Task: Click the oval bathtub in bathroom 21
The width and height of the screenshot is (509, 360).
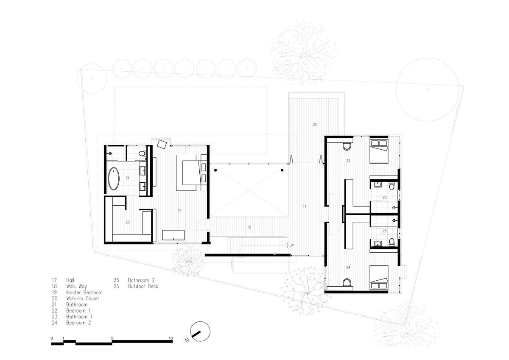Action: click(x=113, y=179)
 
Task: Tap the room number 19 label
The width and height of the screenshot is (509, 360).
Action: click(x=179, y=211)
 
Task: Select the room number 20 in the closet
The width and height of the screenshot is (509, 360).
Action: click(x=128, y=222)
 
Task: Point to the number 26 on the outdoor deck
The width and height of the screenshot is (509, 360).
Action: click(x=315, y=124)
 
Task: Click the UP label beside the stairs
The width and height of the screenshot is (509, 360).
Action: click(x=291, y=245)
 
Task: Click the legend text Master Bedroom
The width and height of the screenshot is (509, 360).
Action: click(x=84, y=292)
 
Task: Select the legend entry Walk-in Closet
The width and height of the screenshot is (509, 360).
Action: click(x=83, y=299)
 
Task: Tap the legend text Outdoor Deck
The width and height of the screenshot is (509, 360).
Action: click(x=143, y=286)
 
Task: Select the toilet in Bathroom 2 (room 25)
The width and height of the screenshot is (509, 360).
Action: click(x=392, y=242)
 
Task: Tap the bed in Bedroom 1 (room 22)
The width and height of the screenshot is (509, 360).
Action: click(x=379, y=151)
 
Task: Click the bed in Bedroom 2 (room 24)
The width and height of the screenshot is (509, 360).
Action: click(x=379, y=278)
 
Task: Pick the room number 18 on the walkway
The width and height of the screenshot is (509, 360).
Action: click(x=249, y=227)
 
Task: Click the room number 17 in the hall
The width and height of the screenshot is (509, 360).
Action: click(x=305, y=207)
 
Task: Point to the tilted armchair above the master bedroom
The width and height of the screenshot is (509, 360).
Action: click(x=162, y=144)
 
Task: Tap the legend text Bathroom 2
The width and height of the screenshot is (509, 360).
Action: click(x=141, y=280)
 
